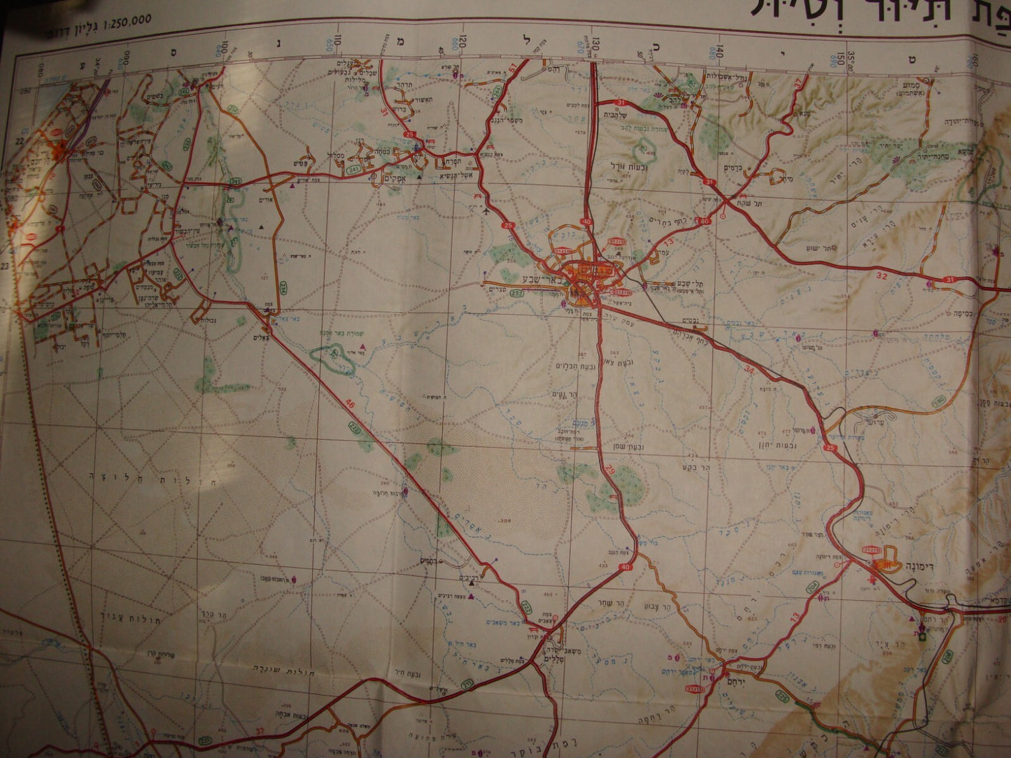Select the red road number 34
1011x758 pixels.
click(x=749, y=368)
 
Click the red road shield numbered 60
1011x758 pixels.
click(x=705, y=222)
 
